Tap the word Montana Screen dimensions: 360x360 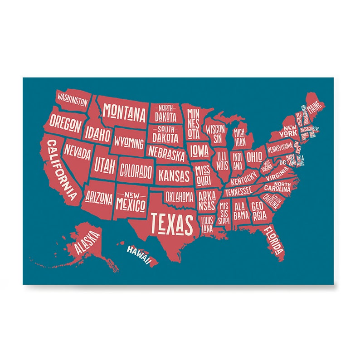point(124,112)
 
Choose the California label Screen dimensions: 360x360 point(62,170)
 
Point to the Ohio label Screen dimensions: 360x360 point(254,157)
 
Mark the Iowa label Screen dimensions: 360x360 point(199,150)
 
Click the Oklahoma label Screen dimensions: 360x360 point(179,197)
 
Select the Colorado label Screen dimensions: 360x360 point(136,171)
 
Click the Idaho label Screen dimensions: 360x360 point(97,134)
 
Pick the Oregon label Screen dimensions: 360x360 point(65,122)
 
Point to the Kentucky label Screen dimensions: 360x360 point(243,180)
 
